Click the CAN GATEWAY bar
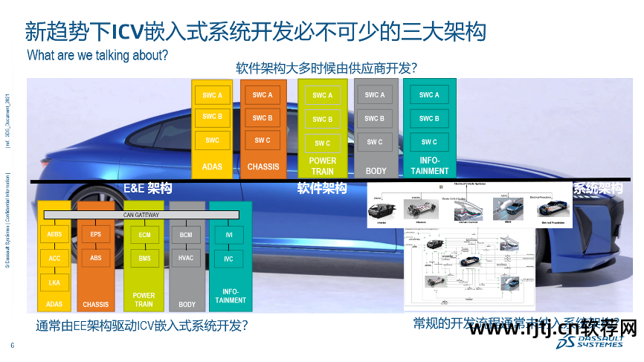(141, 216)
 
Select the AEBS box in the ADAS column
(54, 235)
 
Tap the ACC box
(54, 259)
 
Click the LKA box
(54, 283)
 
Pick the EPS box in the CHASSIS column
(96, 235)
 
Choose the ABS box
(96, 259)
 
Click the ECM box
(144, 235)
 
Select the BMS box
(144, 259)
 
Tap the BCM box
(186, 235)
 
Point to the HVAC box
(186, 259)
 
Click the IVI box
(229, 235)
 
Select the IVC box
(229, 259)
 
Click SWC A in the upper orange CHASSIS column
(263, 95)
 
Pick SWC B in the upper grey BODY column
(375, 119)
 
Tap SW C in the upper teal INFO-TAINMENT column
(429, 142)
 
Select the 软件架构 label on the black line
(322, 189)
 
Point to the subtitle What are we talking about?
(97, 55)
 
